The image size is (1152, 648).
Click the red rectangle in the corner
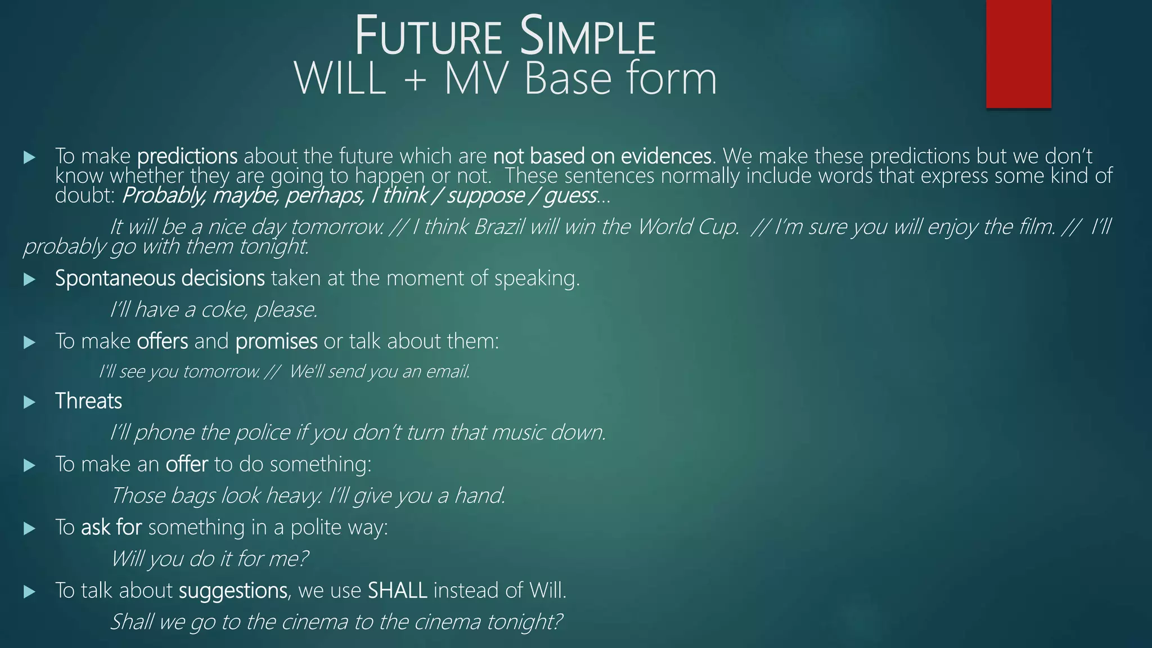coord(1018,53)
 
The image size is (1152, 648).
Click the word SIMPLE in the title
coord(587,37)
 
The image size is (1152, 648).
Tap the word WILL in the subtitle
coord(341,79)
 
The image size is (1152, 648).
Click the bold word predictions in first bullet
coord(187,156)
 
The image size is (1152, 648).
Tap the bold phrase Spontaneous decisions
coord(160,278)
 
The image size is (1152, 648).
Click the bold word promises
coord(276,341)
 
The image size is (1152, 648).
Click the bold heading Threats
coord(88,402)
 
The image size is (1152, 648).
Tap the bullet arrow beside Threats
coord(30,402)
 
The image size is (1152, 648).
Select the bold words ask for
coord(111,528)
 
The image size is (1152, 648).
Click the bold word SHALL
coord(397,591)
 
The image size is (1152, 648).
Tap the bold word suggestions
coord(233,591)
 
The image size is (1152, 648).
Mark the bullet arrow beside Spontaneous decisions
coord(30,280)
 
